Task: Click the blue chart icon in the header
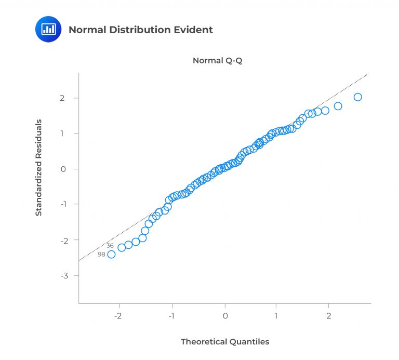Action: point(48,30)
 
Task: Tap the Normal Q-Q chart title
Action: point(218,60)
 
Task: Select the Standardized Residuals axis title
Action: point(38,167)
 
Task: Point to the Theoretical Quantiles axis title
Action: point(225,341)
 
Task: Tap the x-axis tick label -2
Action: point(119,316)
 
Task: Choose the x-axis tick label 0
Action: point(225,316)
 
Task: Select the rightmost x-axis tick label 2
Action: point(329,316)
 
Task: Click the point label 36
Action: point(110,246)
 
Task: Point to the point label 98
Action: point(101,255)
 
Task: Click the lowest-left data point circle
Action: point(111,254)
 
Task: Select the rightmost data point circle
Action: point(357,97)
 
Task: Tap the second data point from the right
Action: point(338,106)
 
